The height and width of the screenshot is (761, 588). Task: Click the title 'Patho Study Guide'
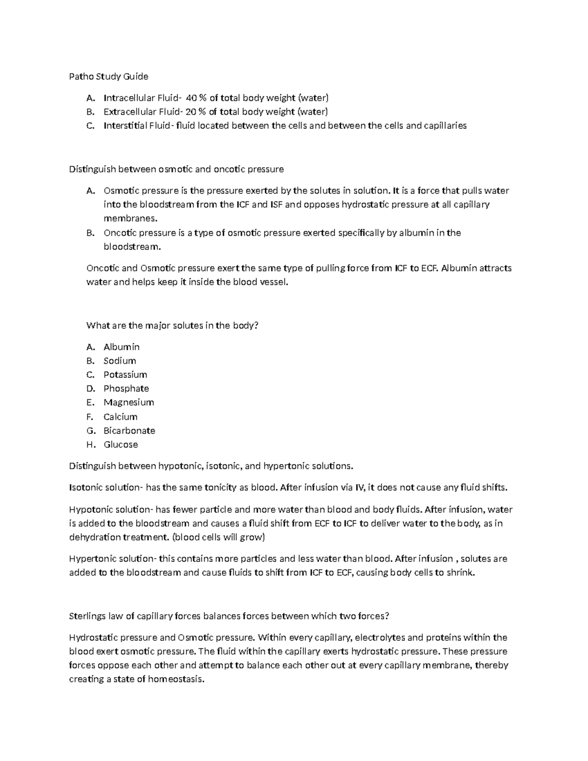coord(108,76)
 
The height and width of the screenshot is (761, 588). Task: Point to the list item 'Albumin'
coord(122,347)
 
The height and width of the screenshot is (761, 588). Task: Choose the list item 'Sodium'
coord(120,361)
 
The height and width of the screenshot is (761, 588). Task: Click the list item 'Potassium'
coord(125,375)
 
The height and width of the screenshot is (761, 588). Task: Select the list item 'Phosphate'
coord(126,389)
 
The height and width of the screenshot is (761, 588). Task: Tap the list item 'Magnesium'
coord(128,402)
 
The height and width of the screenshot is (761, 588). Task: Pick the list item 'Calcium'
coord(120,417)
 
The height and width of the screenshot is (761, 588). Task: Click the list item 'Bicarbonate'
coord(129,431)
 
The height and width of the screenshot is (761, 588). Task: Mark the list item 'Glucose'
coord(121,445)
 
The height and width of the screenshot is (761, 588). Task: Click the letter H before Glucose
coord(90,445)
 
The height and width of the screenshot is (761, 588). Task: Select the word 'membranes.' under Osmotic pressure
coord(124,219)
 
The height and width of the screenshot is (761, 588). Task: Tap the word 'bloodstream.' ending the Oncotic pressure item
coord(132,247)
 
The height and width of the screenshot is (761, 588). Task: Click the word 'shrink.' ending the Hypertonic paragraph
coord(461,573)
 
